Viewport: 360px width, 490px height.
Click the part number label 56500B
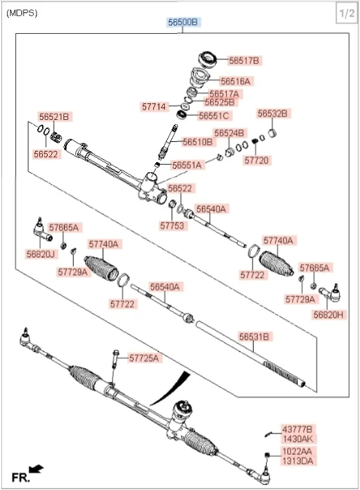[183, 22]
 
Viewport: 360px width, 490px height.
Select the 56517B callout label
[244, 61]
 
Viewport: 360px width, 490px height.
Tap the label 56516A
[235, 81]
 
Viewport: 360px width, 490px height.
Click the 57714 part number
[154, 107]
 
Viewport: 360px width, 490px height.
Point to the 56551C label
[214, 116]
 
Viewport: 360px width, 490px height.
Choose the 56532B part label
[272, 114]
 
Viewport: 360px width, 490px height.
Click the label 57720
[257, 161]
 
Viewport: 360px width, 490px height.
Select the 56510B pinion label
[198, 141]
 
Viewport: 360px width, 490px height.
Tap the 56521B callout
[54, 116]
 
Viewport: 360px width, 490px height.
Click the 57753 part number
[172, 225]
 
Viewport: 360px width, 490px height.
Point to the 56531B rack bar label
[254, 337]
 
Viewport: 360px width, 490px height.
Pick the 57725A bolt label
[144, 358]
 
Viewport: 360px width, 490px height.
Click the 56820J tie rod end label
[41, 254]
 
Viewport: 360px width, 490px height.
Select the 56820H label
[328, 315]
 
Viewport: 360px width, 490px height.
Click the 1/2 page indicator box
[347, 13]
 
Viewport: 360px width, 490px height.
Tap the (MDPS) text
[22, 13]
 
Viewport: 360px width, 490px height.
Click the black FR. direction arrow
[36, 469]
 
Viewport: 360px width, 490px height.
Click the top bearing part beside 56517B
[208, 59]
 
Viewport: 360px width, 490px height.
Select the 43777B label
[297, 429]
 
